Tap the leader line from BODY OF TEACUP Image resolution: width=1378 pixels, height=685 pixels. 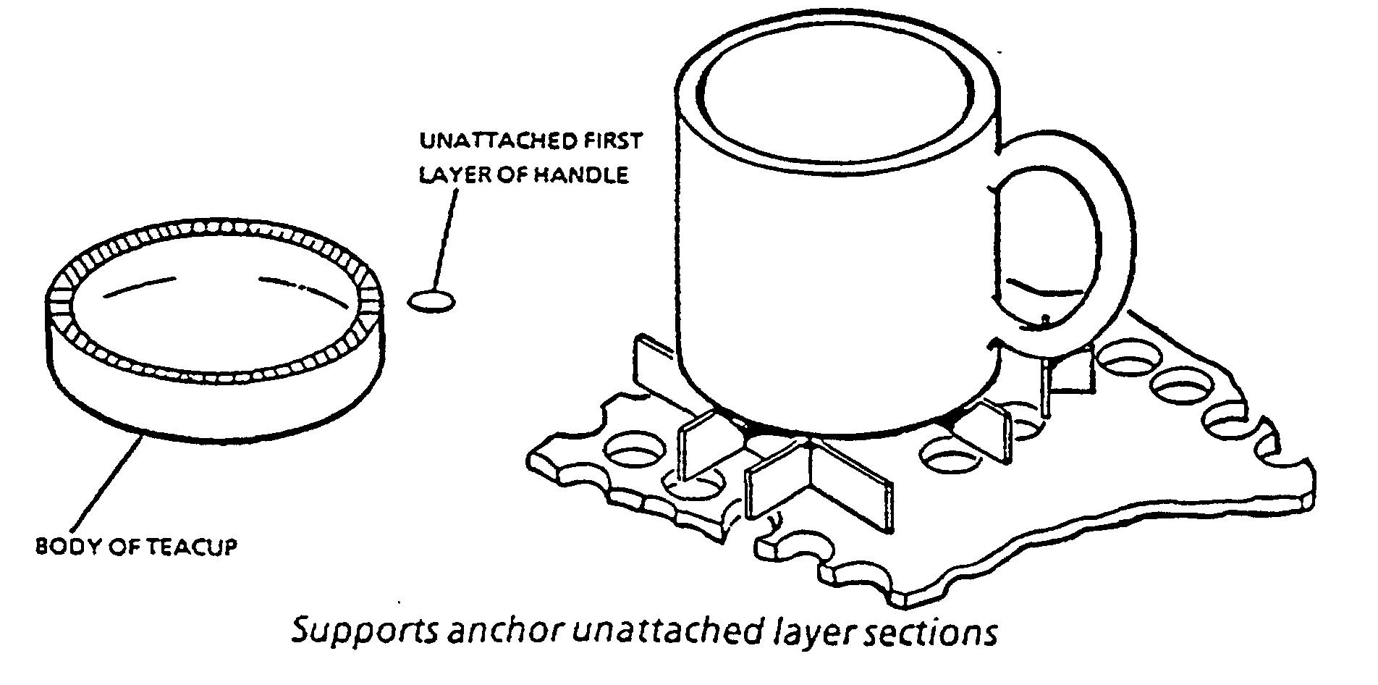pyautogui.click(x=109, y=485)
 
